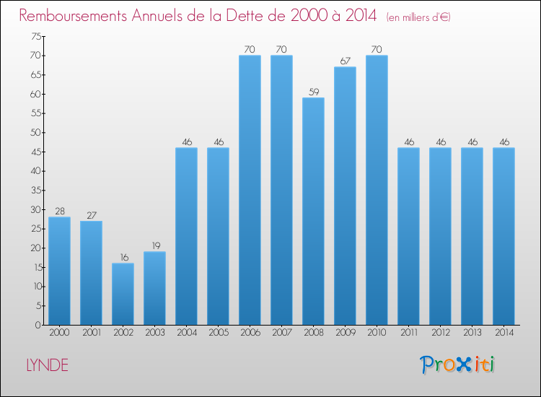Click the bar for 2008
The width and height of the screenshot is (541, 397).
[313, 211]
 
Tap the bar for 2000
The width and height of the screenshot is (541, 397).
[59, 271]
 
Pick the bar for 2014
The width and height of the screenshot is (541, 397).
[503, 236]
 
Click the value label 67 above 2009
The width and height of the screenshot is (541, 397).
[345, 61]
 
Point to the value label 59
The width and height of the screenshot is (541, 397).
[313, 92]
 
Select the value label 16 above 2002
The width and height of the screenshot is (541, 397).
[123, 258]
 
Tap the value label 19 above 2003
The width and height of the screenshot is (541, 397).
[154, 246]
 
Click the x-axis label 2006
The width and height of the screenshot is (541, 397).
[250, 333]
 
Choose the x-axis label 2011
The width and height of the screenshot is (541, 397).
[408, 333]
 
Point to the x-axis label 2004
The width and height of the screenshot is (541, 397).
[186, 333]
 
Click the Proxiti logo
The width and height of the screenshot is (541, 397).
[458, 365]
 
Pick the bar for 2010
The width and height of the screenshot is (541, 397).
[377, 190]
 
